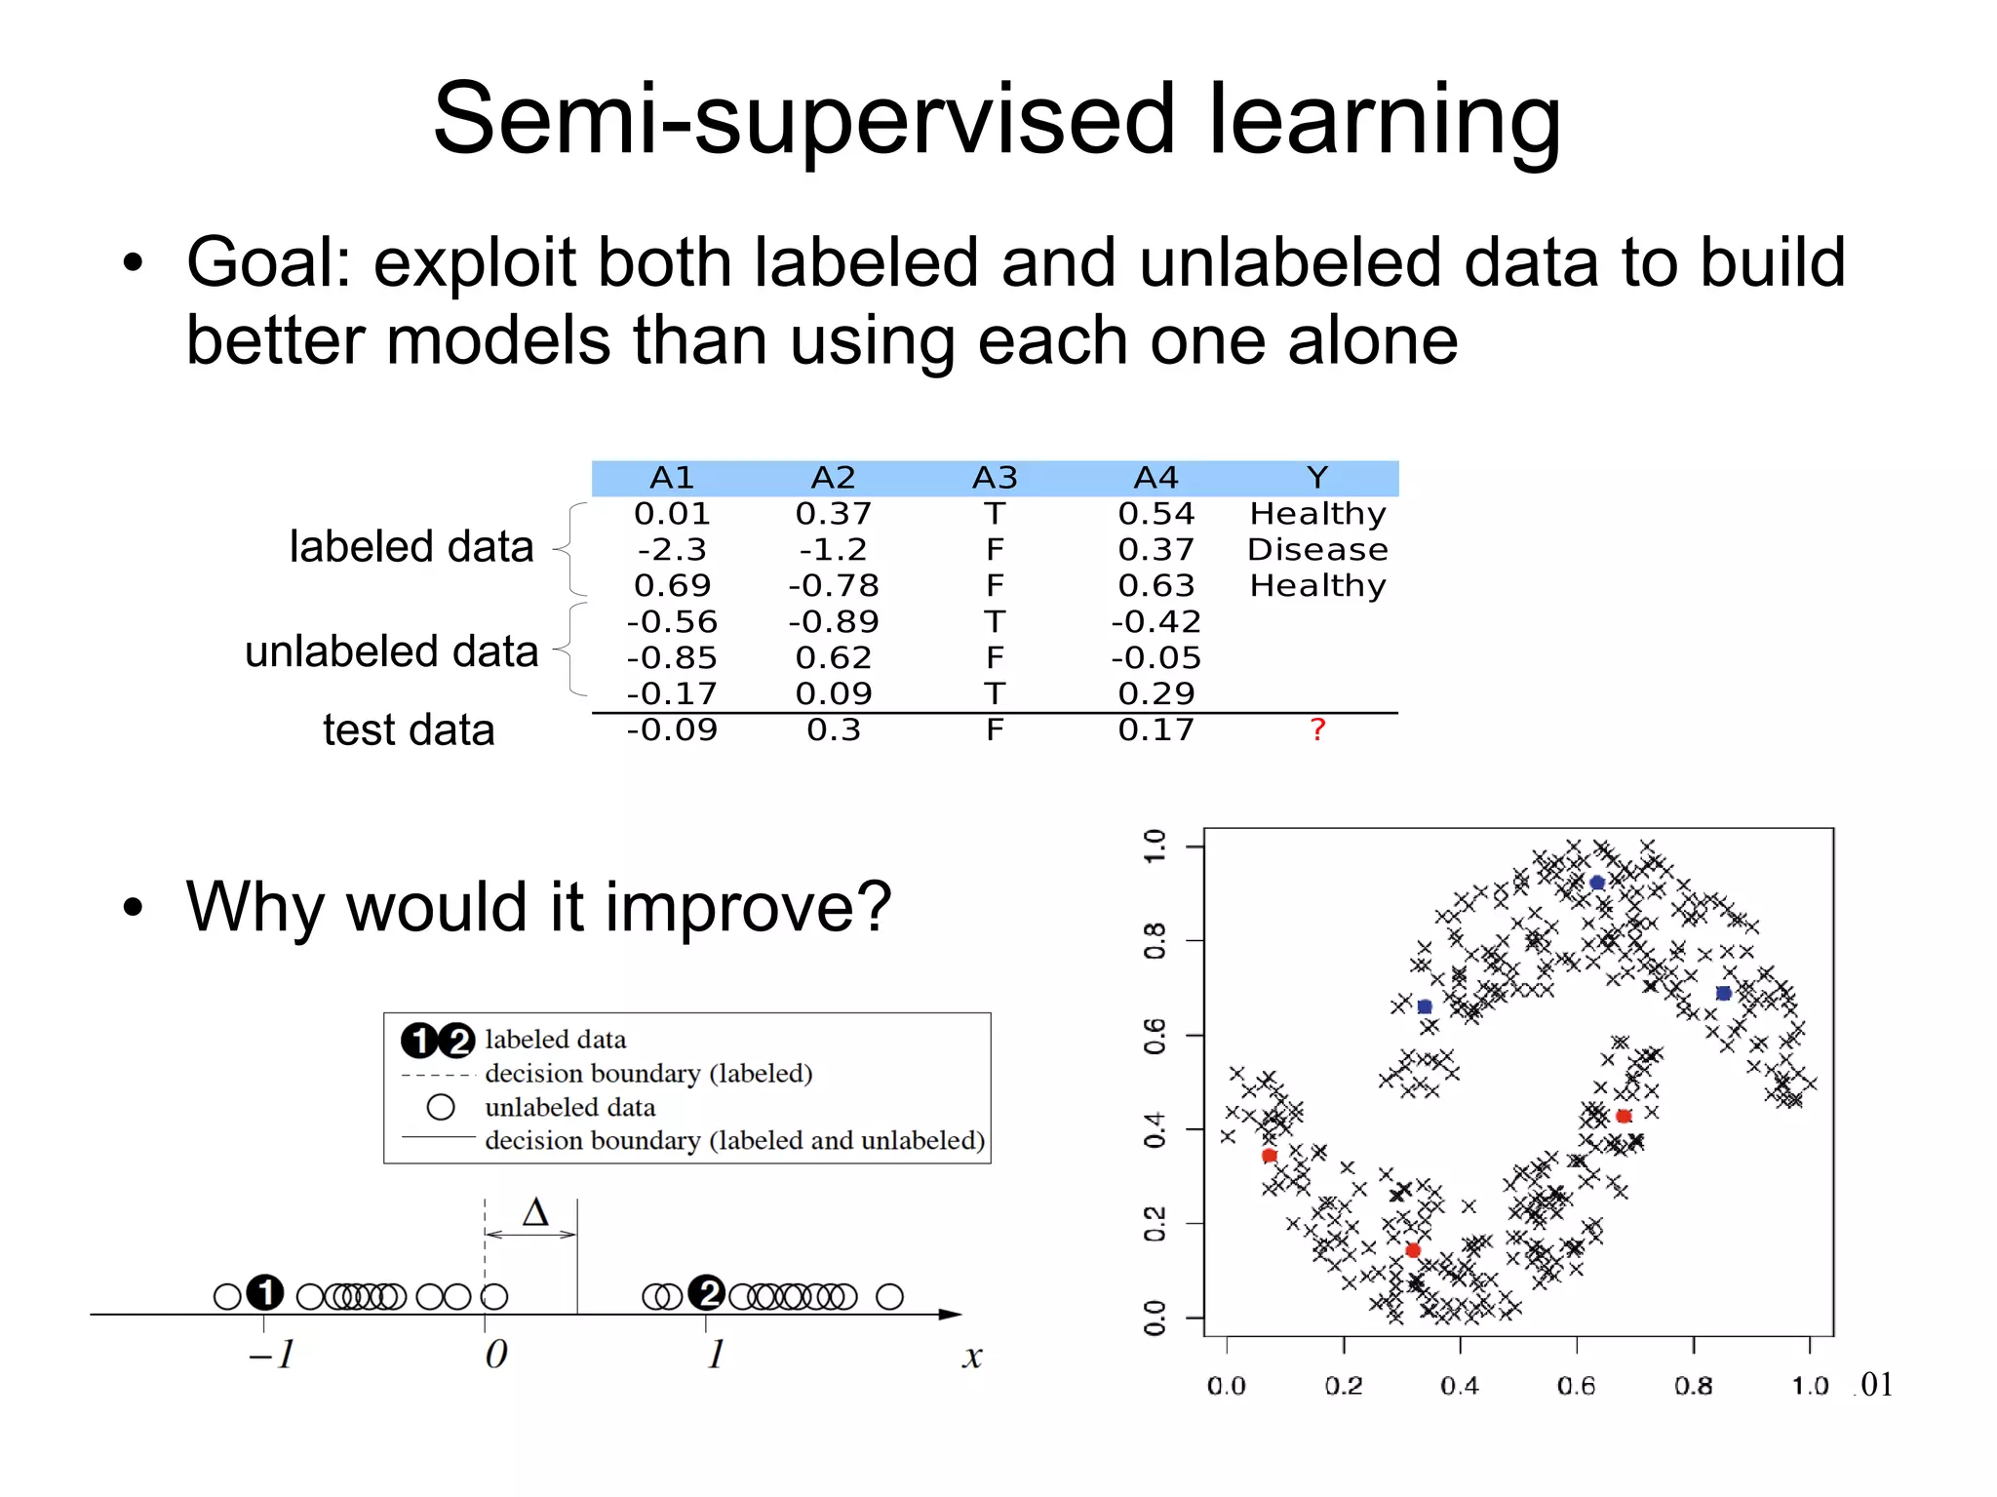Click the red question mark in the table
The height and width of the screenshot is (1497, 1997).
coord(1317,729)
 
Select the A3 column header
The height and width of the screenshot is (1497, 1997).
coord(995,478)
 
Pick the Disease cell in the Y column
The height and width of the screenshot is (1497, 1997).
coord(1317,550)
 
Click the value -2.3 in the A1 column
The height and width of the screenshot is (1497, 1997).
coord(672,550)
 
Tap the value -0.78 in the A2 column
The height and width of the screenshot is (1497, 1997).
coord(834,586)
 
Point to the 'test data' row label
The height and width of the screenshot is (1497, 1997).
coord(409,729)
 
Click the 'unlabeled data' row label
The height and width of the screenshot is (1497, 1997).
coord(391,650)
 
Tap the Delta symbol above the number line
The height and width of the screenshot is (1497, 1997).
coord(535,1212)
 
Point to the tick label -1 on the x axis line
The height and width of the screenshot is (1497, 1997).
coord(272,1354)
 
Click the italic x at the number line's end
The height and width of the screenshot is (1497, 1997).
coord(971,1357)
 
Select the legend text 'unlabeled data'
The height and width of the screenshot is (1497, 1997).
coord(569,1107)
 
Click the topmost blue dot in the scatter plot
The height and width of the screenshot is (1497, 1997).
coord(1597,883)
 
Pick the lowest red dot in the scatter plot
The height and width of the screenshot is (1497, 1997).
coord(1413,1250)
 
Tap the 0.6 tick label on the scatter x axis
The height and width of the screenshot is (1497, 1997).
coord(1576,1386)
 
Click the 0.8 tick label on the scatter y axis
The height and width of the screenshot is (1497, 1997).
coord(1155,941)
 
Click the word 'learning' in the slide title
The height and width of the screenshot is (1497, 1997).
coord(1385,119)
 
